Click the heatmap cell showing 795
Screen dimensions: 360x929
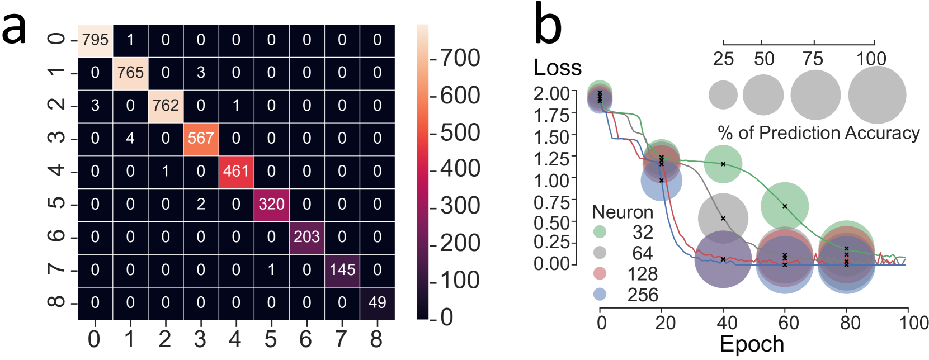(95, 40)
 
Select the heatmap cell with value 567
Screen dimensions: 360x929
(201, 138)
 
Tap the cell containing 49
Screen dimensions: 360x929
(377, 302)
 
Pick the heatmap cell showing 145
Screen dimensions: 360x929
(342, 270)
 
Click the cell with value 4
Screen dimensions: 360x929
(130, 138)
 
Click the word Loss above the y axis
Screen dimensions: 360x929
(558, 68)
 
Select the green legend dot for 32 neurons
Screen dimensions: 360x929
(600, 232)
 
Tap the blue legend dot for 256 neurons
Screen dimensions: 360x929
(600, 294)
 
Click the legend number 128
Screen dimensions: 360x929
(642, 274)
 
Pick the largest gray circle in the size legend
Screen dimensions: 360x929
(876, 95)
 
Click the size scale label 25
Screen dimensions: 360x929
(723, 59)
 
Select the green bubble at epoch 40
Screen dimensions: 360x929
(723, 164)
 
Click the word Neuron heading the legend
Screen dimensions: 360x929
(623, 212)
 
